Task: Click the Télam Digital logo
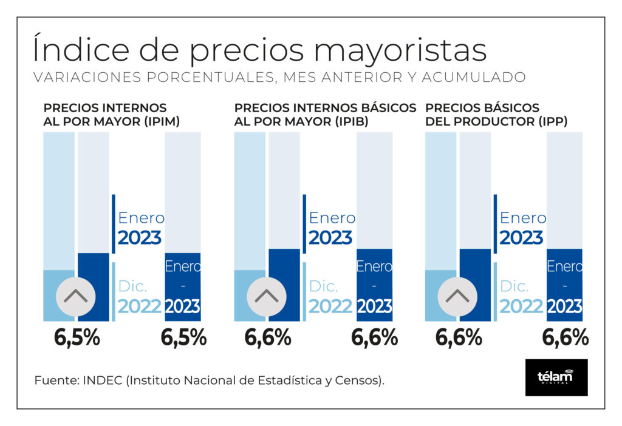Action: [x=556, y=377]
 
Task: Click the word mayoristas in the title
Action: [x=400, y=51]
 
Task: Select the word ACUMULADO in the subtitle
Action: [x=474, y=77]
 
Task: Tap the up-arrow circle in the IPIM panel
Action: [x=75, y=297]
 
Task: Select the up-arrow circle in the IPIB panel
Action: [x=267, y=297]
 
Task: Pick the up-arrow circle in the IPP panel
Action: [x=457, y=297]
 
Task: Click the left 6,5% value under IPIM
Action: [x=77, y=338]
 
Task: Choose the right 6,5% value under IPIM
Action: [x=183, y=338]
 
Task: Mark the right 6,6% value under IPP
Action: [x=566, y=338]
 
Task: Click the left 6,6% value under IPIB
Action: [x=268, y=338]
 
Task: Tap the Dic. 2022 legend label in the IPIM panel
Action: [x=140, y=296]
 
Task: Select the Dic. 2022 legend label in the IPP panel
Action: [x=521, y=296]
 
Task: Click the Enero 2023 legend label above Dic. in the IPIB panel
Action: [x=332, y=228]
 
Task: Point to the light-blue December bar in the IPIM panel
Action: [x=59, y=296]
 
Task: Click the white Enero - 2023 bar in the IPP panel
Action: [x=564, y=285]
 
